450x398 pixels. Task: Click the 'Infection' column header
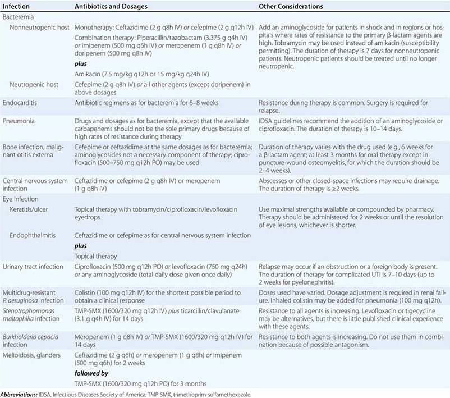tap(15, 5)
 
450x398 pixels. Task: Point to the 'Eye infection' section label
tap(21, 199)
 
